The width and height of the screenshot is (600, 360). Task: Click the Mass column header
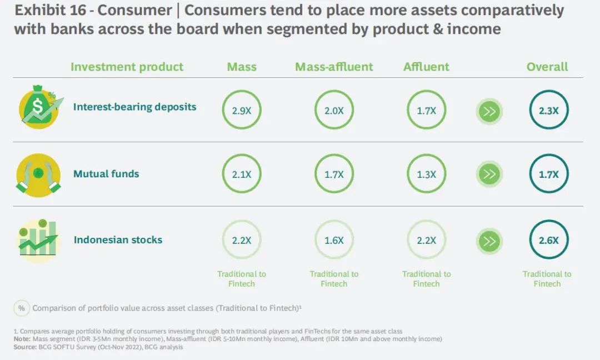242,67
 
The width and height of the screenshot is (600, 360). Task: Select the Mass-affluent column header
334,67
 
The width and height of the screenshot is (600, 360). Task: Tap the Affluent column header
426,67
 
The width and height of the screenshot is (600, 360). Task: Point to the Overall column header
547,67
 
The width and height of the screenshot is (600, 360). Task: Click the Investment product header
127,67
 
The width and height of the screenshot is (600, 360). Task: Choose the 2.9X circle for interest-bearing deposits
242,110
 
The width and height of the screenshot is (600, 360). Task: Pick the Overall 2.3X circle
549,110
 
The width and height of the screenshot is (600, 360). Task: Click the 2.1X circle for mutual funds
242,174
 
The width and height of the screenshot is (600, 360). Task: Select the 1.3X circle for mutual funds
426,174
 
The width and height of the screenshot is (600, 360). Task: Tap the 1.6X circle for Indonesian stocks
334,240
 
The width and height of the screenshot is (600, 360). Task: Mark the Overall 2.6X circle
549,240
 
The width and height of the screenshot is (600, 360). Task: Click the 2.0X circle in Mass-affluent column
334,110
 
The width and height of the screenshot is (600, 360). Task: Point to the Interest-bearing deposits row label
134,106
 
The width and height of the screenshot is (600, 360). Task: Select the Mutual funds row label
106,174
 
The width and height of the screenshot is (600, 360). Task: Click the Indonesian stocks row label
118,240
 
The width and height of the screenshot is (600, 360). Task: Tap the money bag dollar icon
38,106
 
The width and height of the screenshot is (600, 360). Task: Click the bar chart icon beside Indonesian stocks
38,239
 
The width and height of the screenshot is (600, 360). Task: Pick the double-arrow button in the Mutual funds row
489,174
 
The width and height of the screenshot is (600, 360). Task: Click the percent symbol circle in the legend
22,308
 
